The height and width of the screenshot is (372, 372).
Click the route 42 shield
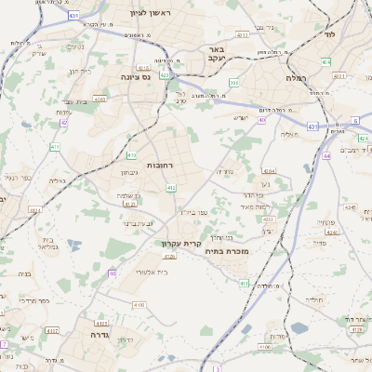(64, 122)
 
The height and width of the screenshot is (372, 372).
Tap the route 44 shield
(327, 155)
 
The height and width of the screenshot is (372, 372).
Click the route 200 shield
(234, 83)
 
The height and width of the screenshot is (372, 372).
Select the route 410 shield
(131, 154)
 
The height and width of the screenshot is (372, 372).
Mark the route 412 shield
(171, 188)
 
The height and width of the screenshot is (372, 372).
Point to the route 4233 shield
(268, 219)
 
